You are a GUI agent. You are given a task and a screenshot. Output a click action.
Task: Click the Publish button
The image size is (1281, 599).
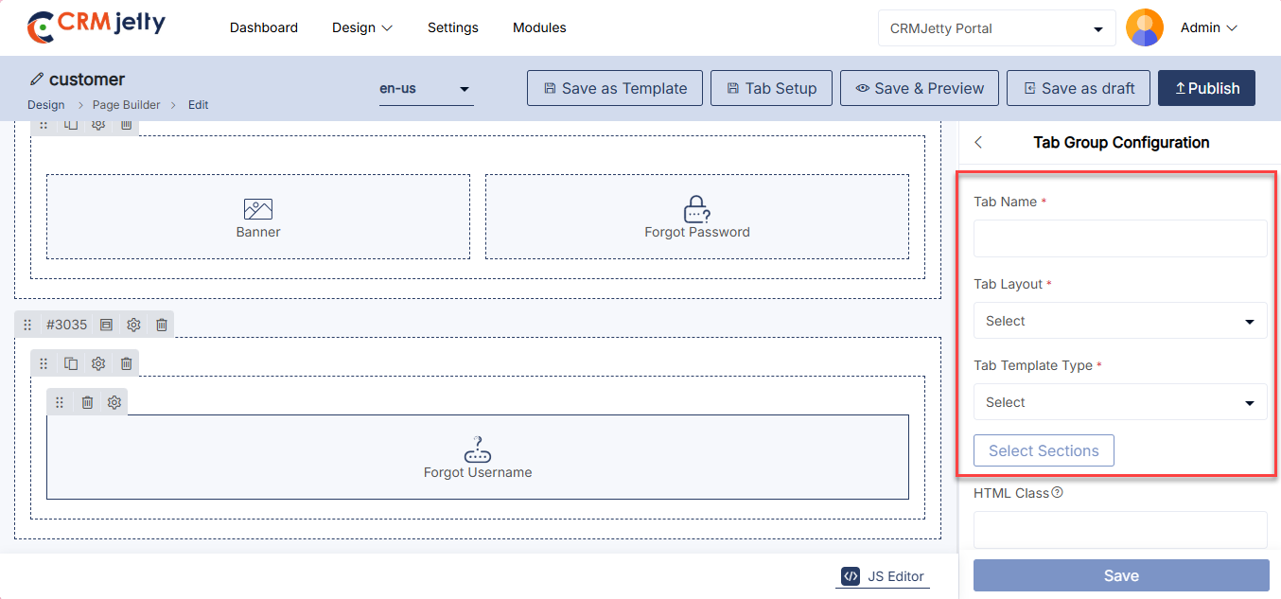click(1206, 88)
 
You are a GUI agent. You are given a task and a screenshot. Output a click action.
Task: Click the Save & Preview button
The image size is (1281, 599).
click(919, 88)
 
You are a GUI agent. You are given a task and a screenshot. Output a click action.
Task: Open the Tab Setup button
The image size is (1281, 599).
click(771, 88)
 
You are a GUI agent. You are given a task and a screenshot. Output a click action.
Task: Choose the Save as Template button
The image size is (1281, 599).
click(615, 88)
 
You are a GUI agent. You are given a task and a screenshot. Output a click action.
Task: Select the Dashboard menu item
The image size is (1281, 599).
click(264, 27)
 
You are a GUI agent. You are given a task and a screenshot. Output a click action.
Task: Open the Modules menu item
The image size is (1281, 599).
click(539, 27)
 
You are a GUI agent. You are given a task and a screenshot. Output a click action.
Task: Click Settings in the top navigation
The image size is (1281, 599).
click(453, 27)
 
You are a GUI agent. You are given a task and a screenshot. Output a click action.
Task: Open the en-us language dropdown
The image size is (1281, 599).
click(426, 89)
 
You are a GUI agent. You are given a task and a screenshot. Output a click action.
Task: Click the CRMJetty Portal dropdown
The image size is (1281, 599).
click(997, 28)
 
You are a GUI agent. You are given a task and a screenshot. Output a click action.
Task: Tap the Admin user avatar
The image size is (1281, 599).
click(1145, 27)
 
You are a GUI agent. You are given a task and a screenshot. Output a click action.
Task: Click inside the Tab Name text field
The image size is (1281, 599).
click(1120, 238)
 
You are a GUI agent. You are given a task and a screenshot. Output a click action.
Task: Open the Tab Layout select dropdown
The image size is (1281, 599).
click(1120, 321)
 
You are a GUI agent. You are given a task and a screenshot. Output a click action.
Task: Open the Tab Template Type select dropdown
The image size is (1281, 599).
click(1120, 402)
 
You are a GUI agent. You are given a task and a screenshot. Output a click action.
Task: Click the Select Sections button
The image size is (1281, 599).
click(1044, 450)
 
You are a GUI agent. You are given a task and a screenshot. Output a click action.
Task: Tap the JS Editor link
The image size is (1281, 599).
click(883, 576)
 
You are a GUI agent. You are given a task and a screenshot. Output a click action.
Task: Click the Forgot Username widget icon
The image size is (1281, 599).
click(478, 449)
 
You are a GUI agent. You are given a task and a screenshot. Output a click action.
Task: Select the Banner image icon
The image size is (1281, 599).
click(258, 209)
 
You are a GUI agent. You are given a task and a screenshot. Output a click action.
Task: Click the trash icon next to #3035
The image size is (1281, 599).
click(162, 325)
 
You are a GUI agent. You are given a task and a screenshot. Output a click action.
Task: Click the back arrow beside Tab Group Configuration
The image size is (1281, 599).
click(978, 143)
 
